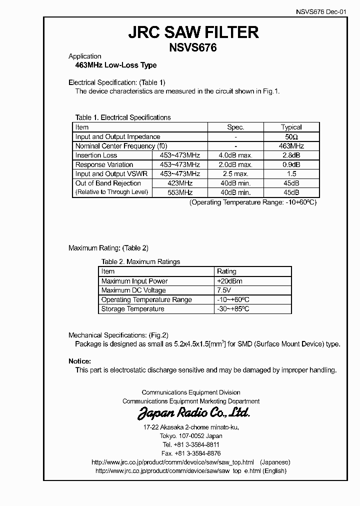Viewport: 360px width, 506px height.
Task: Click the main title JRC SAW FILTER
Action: click(x=193, y=32)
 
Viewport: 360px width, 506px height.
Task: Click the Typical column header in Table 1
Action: click(x=291, y=127)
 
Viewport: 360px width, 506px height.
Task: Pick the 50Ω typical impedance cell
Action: click(x=291, y=136)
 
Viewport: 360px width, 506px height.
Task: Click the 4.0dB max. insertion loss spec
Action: click(x=235, y=155)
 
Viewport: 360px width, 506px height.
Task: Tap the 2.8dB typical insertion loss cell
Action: click(x=291, y=155)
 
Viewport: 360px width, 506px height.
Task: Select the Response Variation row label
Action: click(x=104, y=164)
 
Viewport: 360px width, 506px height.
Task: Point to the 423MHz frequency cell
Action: click(x=179, y=183)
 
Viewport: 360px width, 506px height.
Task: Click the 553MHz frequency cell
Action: click(x=179, y=192)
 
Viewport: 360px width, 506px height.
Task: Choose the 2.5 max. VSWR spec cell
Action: click(x=235, y=174)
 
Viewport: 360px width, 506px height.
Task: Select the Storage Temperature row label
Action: click(x=132, y=309)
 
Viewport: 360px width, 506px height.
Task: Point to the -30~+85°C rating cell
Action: click(x=233, y=309)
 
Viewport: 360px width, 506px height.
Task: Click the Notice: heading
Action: click(x=79, y=361)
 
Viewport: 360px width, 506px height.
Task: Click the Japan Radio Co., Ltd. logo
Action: click(x=193, y=413)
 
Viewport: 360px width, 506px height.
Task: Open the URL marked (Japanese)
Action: click(x=173, y=462)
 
